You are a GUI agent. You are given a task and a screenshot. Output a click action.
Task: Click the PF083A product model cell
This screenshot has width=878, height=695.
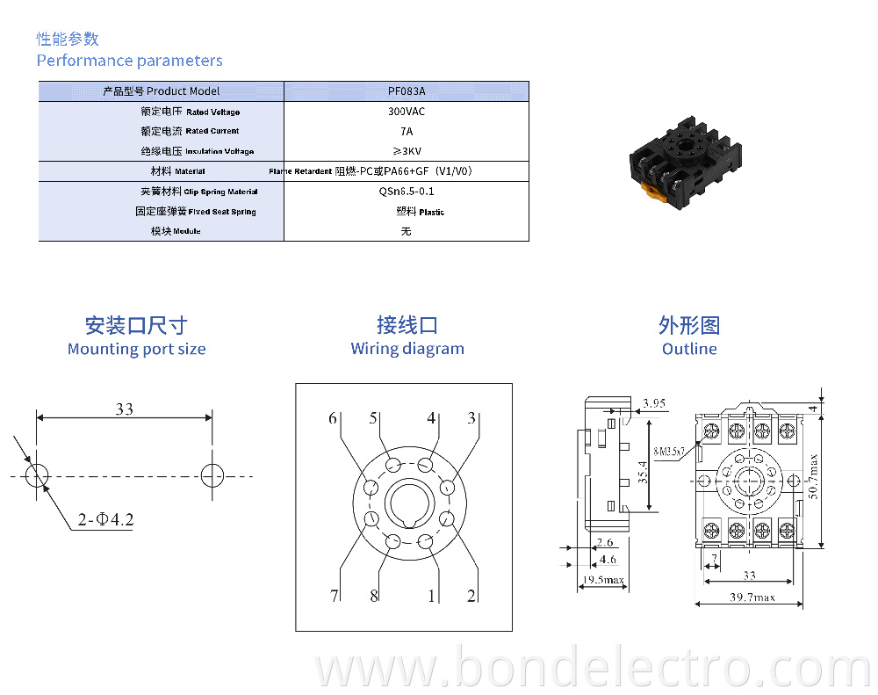pos(406,91)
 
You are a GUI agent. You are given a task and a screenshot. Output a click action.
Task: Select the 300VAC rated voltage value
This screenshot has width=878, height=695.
pos(406,112)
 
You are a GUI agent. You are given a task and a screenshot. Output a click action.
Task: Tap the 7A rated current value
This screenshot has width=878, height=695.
pos(406,131)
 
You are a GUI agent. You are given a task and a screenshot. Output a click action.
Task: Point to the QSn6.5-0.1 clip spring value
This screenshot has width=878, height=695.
pos(406,191)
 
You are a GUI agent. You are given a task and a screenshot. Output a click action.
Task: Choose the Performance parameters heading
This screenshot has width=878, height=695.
pos(129,61)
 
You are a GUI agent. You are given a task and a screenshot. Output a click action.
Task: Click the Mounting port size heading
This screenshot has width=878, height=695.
pos(136,349)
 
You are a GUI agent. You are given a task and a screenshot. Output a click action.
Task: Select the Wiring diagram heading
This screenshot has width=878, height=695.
pos(407,349)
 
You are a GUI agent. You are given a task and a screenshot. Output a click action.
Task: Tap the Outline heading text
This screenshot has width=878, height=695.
pos(689,349)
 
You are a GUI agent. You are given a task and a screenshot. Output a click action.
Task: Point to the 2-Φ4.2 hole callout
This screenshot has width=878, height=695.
pos(104,519)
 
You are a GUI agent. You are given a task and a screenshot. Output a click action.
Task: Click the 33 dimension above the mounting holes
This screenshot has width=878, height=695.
pos(124,409)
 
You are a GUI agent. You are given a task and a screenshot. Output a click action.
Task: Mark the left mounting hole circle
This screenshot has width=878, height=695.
pos(37,475)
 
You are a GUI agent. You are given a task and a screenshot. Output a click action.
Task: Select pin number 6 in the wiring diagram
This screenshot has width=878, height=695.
pos(333,418)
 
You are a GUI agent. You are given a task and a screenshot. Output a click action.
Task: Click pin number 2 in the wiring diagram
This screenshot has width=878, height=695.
pos(471,596)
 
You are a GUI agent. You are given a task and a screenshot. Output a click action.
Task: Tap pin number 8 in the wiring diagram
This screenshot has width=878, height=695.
pos(374,596)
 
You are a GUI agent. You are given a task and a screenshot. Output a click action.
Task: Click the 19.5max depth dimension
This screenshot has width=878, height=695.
pos(603,580)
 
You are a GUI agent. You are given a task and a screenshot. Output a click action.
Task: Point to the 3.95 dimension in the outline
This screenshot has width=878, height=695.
pos(654,403)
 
